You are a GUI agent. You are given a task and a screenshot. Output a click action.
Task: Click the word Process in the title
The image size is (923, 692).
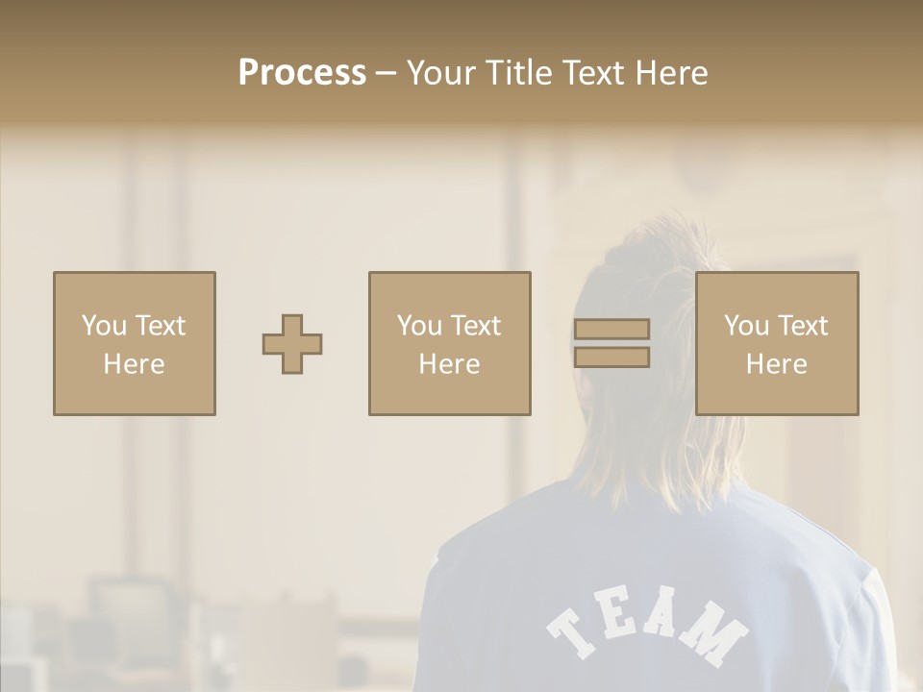click(302, 73)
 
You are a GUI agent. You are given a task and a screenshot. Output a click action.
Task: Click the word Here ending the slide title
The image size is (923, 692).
click(673, 73)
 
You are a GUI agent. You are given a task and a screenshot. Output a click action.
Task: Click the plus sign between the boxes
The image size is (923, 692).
click(292, 344)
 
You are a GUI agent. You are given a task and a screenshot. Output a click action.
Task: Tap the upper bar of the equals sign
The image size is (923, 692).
click(611, 330)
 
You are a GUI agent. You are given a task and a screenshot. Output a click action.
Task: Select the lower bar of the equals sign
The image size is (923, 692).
click(611, 358)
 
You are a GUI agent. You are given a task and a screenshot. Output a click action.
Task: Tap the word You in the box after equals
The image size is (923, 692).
click(747, 326)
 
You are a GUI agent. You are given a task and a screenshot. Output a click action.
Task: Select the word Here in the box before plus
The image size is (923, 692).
click(134, 364)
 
